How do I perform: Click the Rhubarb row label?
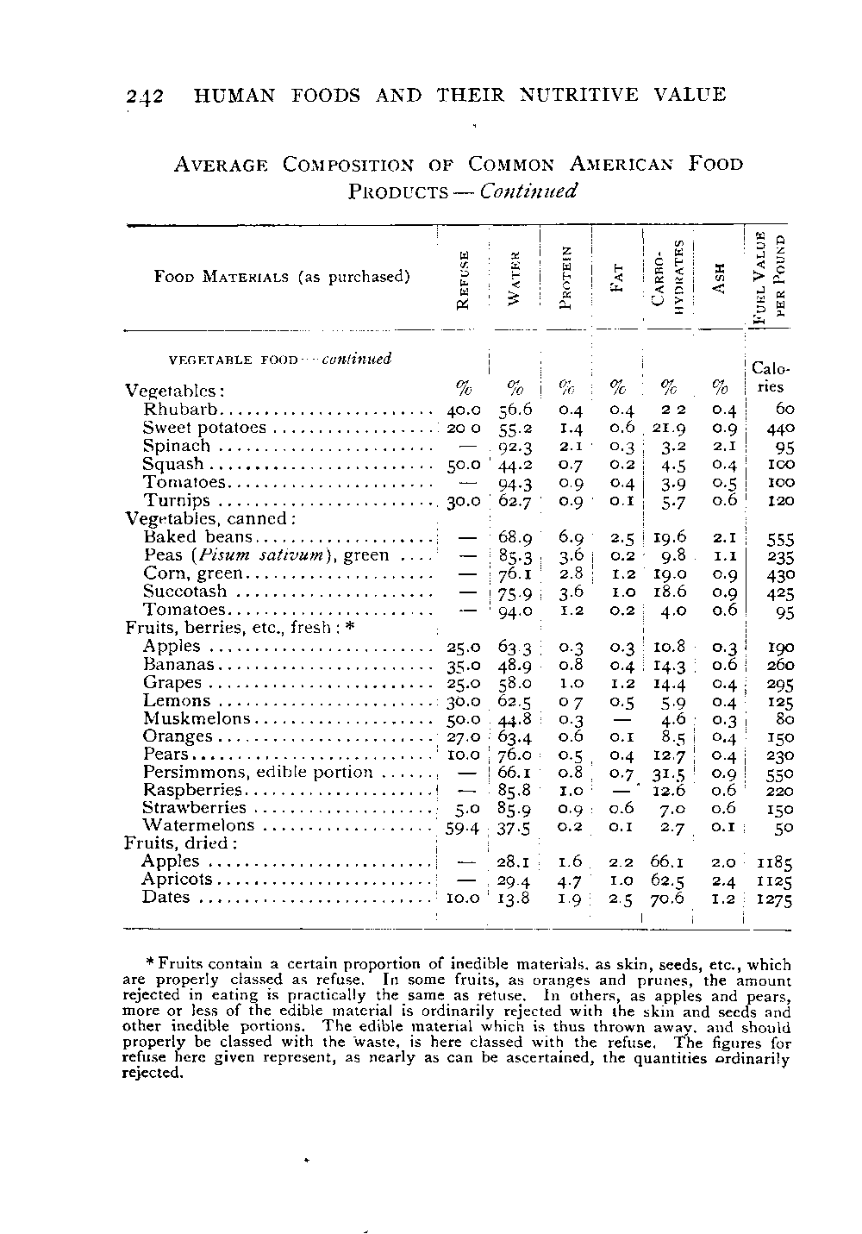coord(182,409)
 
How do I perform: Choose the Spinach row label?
coord(176,446)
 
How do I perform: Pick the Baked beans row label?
coord(197,536)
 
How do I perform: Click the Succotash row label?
coord(184,592)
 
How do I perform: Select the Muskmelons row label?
coord(197,718)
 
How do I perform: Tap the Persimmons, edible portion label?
coord(258,772)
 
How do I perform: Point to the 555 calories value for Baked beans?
coord(780,539)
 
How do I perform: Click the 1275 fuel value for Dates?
coord(774,900)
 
